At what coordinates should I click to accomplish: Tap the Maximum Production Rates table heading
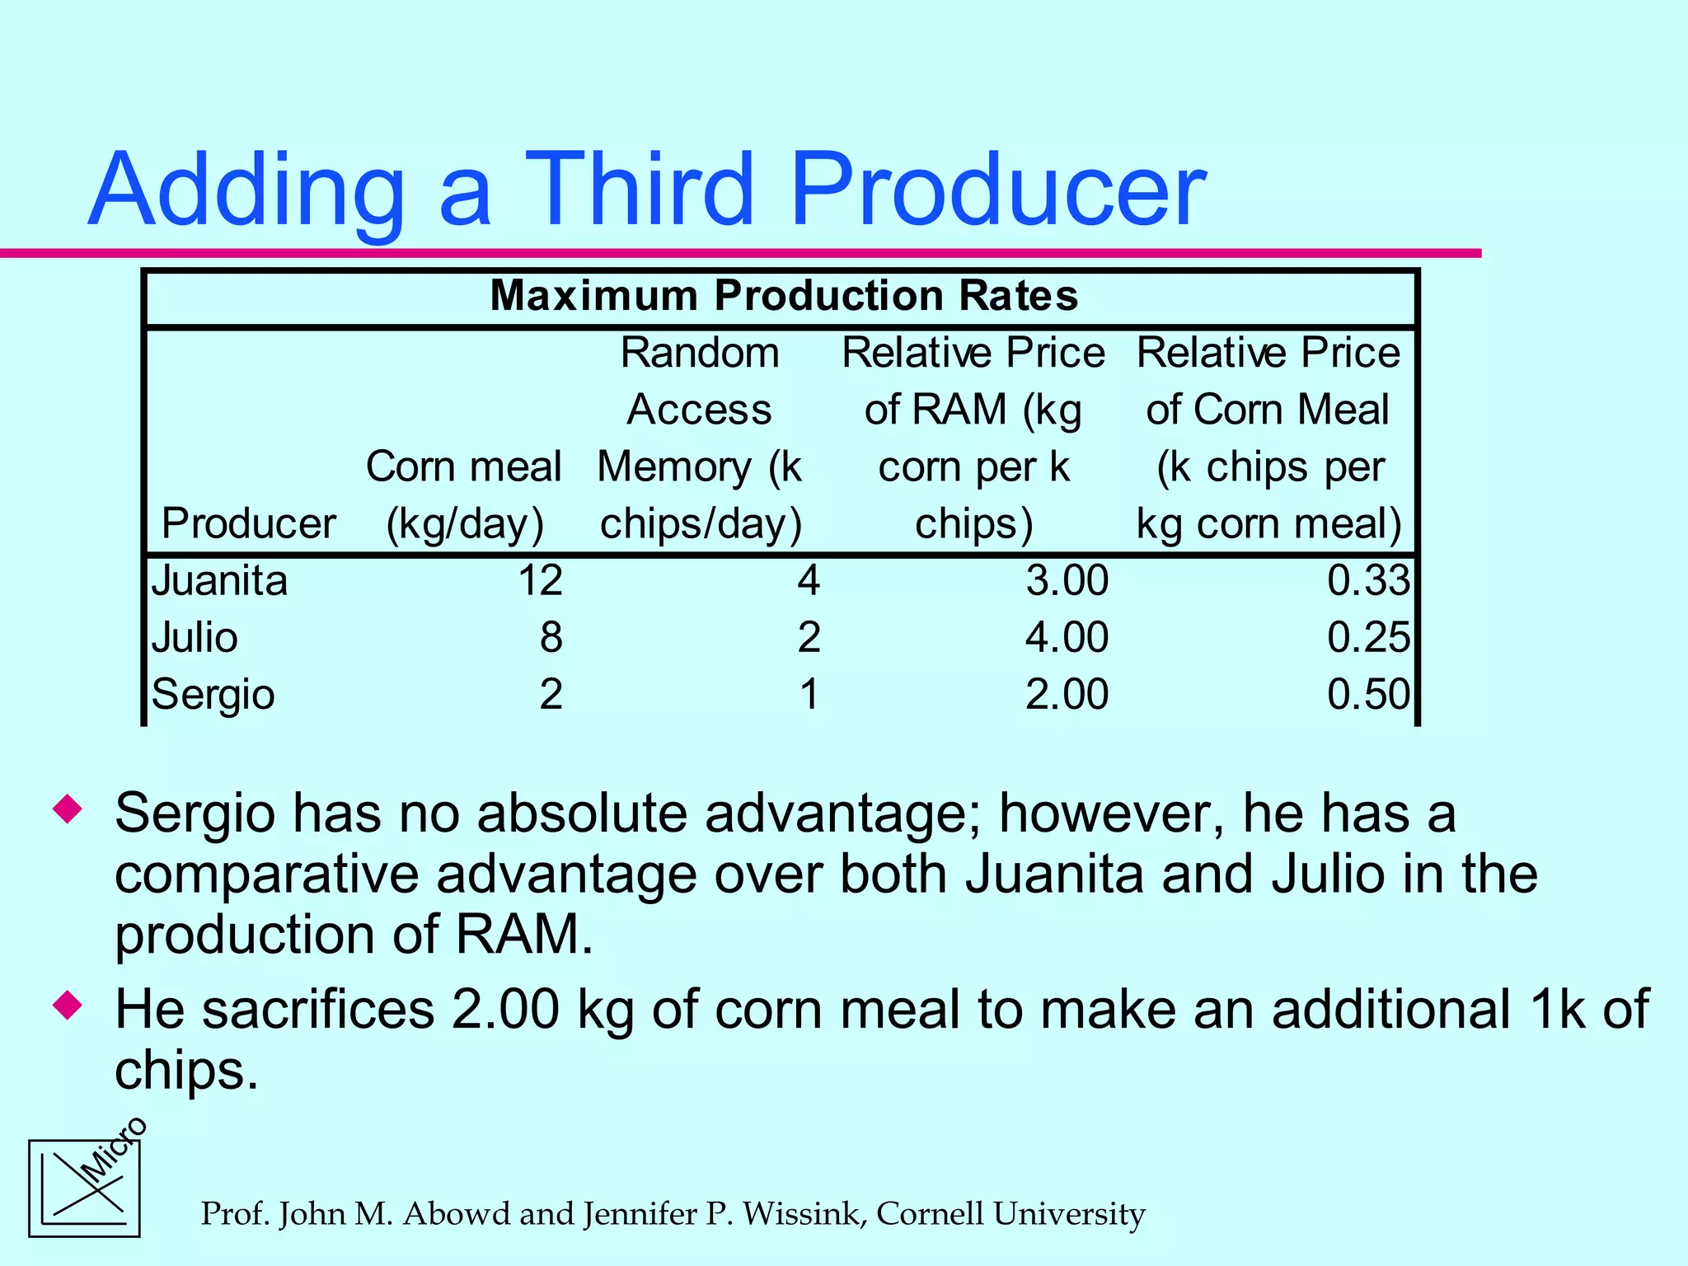point(783,295)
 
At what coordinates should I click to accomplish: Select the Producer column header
point(248,523)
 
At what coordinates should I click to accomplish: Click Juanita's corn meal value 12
point(540,580)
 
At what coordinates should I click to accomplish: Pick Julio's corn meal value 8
point(551,637)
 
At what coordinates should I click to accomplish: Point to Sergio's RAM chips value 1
point(809,694)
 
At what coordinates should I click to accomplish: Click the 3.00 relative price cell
point(1067,580)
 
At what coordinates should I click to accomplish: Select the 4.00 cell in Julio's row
point(1067,637)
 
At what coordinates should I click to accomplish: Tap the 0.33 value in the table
point(1368,580)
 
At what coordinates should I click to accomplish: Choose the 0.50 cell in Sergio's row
point(1368,694)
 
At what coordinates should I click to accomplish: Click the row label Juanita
point(219,580)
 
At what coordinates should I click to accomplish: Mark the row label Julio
point(195,637)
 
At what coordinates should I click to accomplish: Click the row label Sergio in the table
point(213,694)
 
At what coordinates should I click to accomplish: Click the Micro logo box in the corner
point(84,1188)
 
